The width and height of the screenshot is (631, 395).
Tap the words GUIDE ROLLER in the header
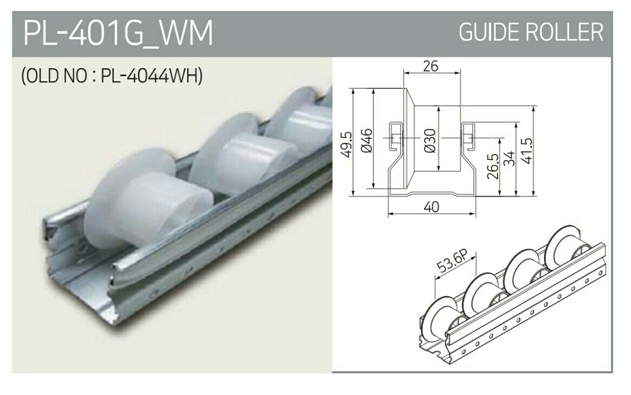531,33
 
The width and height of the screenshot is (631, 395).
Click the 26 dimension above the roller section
430,67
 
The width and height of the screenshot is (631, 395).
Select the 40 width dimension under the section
431,207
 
